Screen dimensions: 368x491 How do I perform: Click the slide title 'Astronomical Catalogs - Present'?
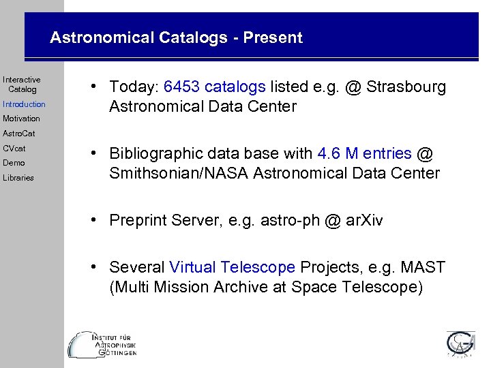coord(176,37)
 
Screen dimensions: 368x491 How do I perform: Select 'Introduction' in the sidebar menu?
coord(24,104)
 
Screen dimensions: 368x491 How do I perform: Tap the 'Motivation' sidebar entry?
coord(21,119)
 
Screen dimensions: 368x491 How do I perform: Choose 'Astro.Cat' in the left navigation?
coord(18,134)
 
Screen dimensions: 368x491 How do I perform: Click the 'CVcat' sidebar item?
coord(14,148)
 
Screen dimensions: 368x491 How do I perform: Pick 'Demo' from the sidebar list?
coord(14,163)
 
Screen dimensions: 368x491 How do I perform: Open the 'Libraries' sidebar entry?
coord(18,178)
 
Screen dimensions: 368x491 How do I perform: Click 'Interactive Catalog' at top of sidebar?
coord(22,85)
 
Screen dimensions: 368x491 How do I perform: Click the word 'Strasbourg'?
coord(406,87)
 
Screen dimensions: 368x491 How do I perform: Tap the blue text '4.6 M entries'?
coord(365,154)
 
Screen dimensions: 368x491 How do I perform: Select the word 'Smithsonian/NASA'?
coord(179,173)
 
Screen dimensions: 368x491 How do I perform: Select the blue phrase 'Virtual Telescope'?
coord(232,268)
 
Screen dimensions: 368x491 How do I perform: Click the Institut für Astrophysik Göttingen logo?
coord(102,345)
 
